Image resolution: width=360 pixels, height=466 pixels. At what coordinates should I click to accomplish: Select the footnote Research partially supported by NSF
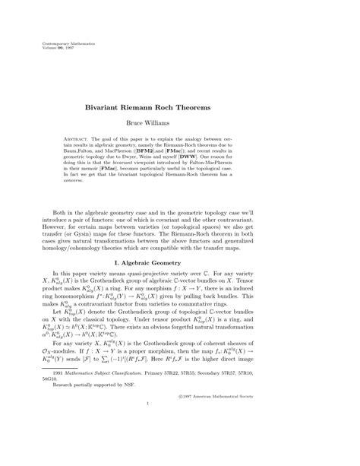pyautogui.click(x=94, y=430)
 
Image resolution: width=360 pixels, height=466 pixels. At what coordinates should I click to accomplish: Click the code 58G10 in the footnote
pyautogui.click(x=50, y=421)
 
